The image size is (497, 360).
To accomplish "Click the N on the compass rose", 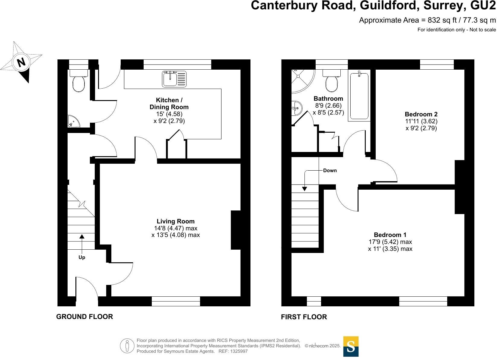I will [x=21, y=63].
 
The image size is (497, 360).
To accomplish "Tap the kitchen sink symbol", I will [x=174, y=79].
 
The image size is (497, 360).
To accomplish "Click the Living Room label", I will [x=176, y=221].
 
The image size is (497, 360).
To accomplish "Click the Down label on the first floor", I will [x=330, y=171].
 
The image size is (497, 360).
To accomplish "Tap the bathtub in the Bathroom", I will [x=359, y=96].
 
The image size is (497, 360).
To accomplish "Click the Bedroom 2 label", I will [x=421, y=114].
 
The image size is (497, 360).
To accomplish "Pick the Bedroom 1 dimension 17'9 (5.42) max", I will [x=390, y=242].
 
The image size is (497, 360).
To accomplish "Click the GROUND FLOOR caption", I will [x=84, y=317].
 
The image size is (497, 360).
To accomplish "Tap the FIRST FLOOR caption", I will [x=304, y=317].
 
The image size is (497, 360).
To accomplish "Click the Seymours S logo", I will [x=351, y=346].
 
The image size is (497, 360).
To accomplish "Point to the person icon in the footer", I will [x=127, y=346].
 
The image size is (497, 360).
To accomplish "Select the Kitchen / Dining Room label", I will [x=169, y=103].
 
